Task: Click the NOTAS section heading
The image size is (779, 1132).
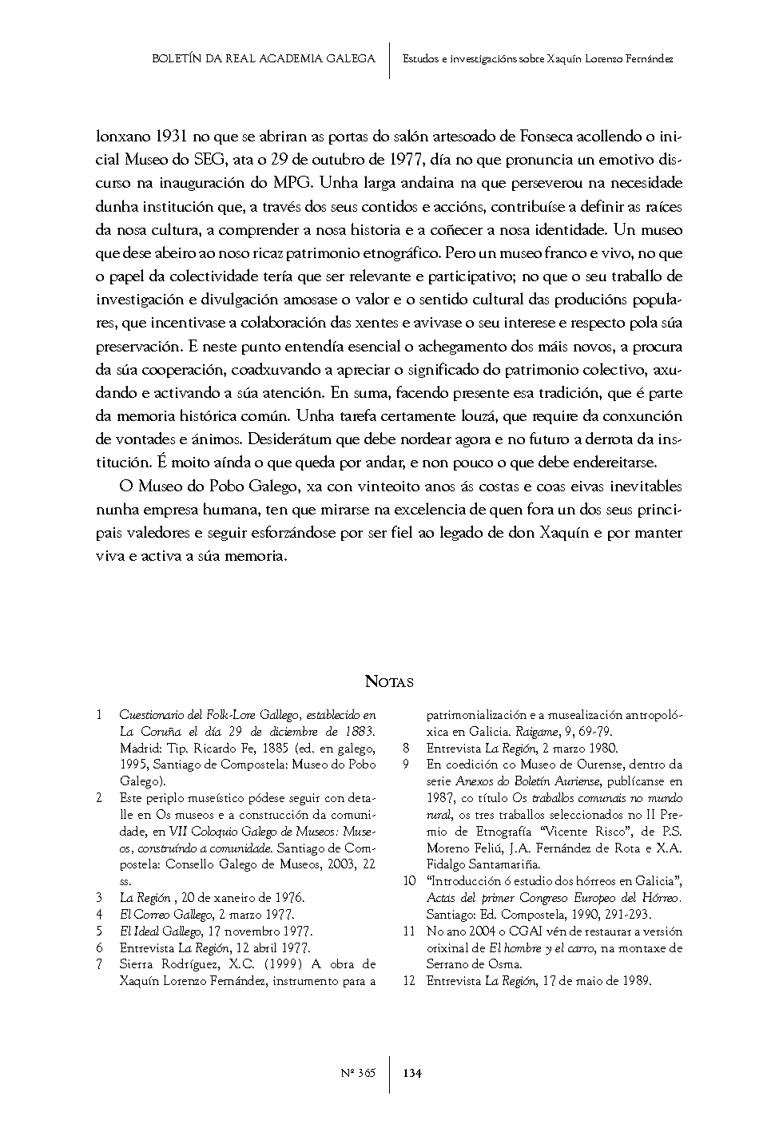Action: pyautogui.click(x=389, y=681)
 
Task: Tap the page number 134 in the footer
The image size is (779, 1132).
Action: pyautogui.click(x=412, y=1072)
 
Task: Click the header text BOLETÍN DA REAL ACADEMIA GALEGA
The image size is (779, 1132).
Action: pyautogui.click(x=263, y=58)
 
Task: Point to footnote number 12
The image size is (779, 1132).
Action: pyautogui.click(x=409, y=981)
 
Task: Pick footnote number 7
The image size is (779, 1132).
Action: pyautogui.click(x=99, y=964)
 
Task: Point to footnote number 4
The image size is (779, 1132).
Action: pyautogui.click(x=99, y=914)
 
